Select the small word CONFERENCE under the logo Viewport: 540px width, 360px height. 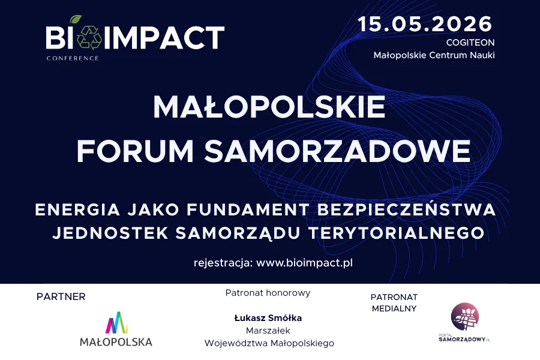pos(72,58)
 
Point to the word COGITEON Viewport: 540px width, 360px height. pos(470,43)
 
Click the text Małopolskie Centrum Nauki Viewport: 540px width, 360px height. pos(434,55)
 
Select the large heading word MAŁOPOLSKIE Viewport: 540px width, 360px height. pos(269,108)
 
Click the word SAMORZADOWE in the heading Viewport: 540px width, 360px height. pos(337,151)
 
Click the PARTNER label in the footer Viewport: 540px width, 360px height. pos(61,296)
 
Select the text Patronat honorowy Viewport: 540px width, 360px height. pos(268,293)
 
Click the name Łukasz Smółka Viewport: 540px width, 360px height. pos(268,318)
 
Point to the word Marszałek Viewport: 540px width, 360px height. pos(268,331)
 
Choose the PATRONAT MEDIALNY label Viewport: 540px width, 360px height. pos(394,302)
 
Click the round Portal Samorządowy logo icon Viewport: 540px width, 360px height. pos(465,316)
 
